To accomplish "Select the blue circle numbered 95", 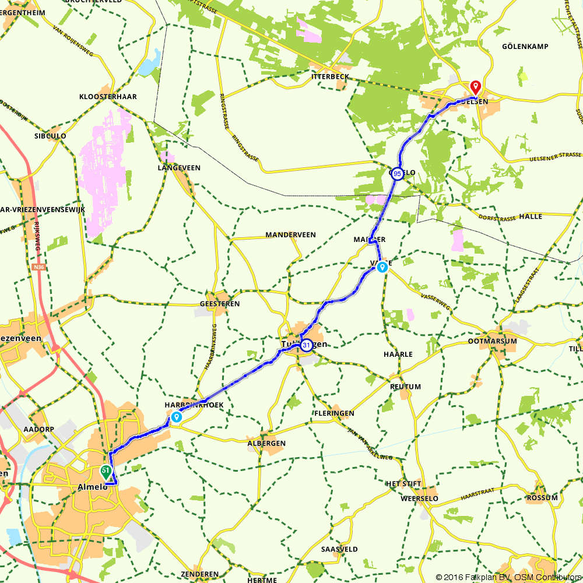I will pos(397,173).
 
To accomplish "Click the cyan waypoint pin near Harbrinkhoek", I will pos(175,417).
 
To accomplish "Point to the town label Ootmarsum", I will pos(493,342).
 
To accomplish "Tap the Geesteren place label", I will pos(219,304).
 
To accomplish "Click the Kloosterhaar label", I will pos(108,97).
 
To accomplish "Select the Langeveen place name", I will pos(179,167).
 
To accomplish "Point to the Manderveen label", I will pos(290,234).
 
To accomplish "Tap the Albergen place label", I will pos(266,443).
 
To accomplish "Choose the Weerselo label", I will pos(419,498).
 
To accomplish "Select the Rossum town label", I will pos(542,497).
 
